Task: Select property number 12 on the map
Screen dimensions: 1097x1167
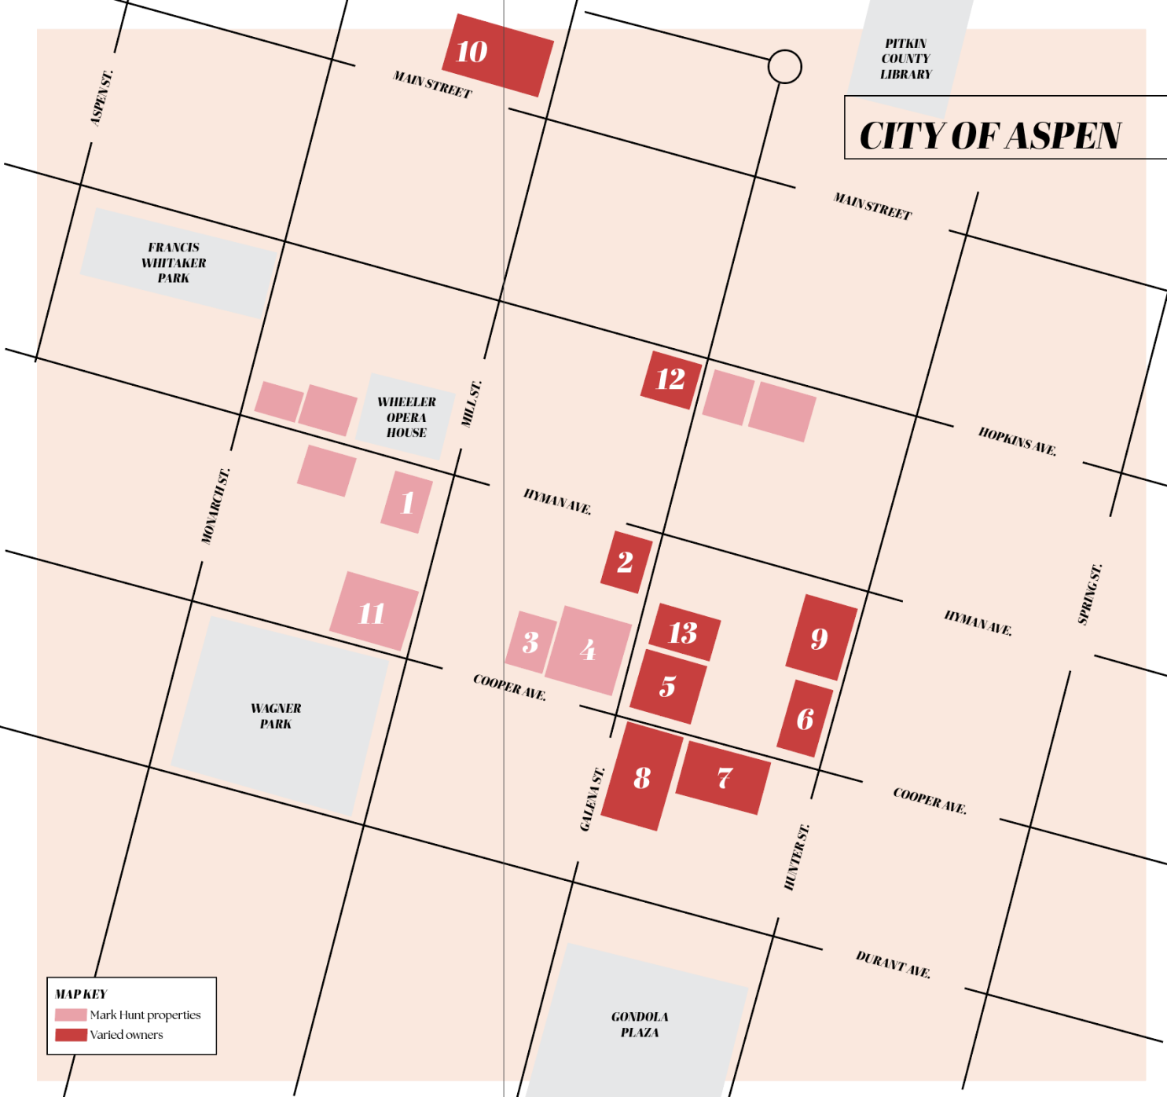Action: point(671,380)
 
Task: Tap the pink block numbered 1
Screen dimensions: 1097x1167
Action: point(407,502)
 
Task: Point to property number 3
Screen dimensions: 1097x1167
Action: point(531,642)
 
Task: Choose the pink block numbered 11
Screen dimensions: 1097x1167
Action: point(373,611)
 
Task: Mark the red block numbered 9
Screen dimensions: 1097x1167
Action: point(821,637)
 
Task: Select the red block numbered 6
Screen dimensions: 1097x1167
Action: point(806,718)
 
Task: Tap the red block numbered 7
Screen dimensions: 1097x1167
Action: point(723,777)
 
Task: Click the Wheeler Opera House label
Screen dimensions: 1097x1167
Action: point(406,417)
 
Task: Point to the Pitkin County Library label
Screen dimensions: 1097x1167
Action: point(906,59)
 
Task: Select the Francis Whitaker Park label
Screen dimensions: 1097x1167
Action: point(174,262)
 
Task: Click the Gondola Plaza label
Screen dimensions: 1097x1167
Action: point(640,1024)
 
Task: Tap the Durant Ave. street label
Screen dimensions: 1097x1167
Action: point(893,964)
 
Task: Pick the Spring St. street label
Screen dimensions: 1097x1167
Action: point(1090,594)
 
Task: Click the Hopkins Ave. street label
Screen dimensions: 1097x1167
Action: point(1017,441)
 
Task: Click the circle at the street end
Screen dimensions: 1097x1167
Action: point(784,67)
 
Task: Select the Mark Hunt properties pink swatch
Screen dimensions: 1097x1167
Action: point(71,1015)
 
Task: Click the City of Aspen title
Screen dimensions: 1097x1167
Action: point(990,135)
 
